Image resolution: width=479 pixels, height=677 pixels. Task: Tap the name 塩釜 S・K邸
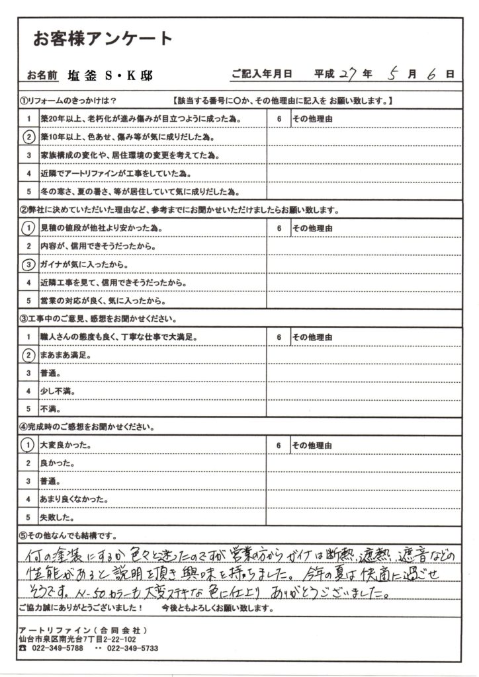110,75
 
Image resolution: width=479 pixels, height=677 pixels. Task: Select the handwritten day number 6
431,74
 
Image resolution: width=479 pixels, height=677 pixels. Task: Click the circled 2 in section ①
28,138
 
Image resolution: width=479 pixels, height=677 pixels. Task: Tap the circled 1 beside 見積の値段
28,228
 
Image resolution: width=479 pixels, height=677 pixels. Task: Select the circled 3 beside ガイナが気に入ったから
28,264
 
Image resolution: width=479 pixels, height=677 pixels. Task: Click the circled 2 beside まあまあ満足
28,355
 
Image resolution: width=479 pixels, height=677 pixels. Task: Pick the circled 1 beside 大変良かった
28,446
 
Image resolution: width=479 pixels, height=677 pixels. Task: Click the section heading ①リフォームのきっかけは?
69,101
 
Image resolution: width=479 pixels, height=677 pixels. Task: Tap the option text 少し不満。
62,391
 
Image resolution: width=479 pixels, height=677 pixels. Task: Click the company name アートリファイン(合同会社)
82,630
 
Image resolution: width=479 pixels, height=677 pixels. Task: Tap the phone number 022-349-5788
60,649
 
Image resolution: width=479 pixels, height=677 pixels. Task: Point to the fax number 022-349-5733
131,649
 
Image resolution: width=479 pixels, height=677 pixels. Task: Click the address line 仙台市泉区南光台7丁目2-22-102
77,639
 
